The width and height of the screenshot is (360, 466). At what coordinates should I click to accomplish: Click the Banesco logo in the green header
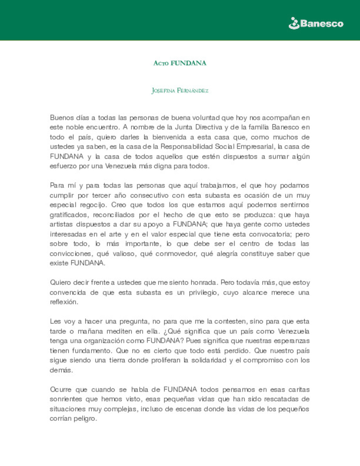pos(316,23)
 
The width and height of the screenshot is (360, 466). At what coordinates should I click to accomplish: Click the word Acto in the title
pos(161,63)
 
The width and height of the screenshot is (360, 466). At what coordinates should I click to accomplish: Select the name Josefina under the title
pos(163,91)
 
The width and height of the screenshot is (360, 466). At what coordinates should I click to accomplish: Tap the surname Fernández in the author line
pos(193,91)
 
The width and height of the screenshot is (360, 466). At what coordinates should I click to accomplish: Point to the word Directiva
pos(209,127)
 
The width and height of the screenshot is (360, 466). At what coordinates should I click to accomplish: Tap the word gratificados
pos(69,215)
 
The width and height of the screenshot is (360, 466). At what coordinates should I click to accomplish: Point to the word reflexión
pos(64,302)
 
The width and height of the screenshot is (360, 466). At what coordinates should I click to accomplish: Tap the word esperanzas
pos(291,341)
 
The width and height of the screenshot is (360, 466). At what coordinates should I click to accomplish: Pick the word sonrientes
pos(66,399)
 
